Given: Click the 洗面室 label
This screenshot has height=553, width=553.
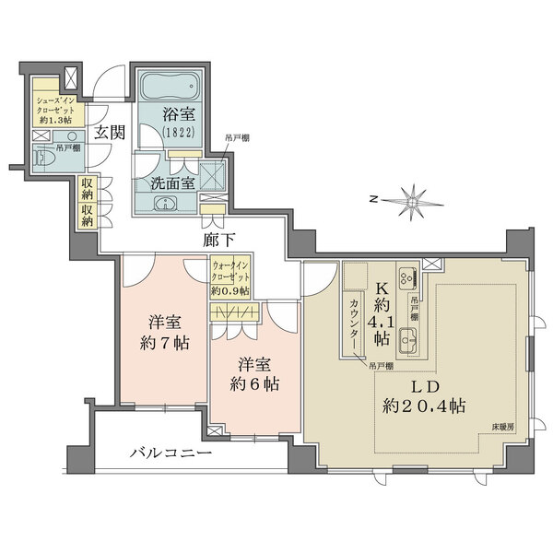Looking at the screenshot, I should click(172, 182).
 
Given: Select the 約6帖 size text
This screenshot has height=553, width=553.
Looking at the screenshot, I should click(254, 382).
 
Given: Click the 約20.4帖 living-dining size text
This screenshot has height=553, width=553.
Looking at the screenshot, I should click(425, 406).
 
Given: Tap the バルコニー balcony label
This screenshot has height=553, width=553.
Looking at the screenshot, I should click(171, 453).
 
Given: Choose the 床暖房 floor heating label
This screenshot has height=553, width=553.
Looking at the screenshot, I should click(502, 428).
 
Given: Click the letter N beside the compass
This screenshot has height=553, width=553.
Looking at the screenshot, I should click(372, 197).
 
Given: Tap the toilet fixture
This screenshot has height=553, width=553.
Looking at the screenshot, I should click(45, 159).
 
